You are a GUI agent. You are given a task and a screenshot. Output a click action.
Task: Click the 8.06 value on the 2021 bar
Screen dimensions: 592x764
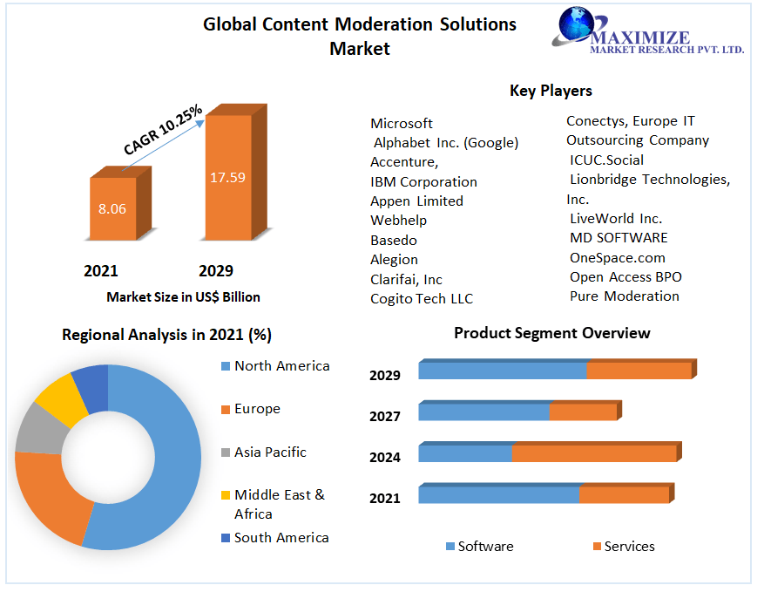coord(112,209)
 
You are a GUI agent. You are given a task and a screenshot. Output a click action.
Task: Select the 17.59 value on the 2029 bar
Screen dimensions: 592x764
coord(227,177)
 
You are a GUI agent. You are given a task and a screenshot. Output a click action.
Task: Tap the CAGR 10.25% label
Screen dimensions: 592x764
coord(163,130)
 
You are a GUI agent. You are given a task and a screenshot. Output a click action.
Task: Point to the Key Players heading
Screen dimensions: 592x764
coord(551,91)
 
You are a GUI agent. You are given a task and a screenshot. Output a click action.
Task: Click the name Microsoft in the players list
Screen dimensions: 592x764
coord(402,123)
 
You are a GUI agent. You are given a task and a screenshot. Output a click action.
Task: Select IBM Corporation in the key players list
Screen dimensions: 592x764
coord(423,181)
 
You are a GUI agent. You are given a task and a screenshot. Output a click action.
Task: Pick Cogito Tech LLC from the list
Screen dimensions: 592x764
coord(422,298)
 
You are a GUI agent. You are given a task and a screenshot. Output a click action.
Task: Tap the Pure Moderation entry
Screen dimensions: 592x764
coord(625,296)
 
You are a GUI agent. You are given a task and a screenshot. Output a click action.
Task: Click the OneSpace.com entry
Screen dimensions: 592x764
coord(618,257)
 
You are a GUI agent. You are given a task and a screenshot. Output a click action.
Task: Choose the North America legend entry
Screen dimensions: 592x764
coord(281,366)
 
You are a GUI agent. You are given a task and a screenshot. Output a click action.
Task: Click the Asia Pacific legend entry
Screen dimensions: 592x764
coord(270,452)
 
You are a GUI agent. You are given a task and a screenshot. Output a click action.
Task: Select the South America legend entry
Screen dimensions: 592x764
coord(281,537)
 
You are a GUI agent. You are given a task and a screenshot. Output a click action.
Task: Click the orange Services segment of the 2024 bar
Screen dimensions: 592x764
coord(593,453)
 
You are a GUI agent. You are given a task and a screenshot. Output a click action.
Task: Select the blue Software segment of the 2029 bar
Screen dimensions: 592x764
coord(502,370)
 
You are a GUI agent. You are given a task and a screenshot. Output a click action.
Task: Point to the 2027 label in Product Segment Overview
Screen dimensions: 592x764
coord(385,416)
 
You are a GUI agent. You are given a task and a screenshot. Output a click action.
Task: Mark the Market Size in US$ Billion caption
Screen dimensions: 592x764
coord(183,297)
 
